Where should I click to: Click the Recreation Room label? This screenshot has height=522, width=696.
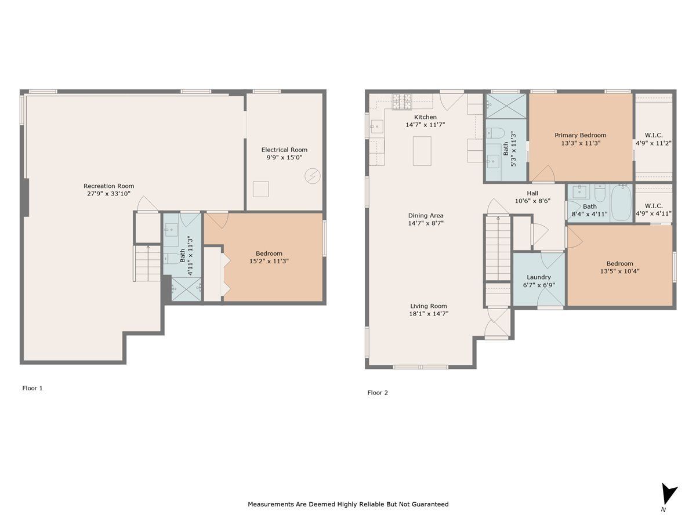[109, 186]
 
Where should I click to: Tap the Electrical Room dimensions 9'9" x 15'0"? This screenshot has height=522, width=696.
[284, 158]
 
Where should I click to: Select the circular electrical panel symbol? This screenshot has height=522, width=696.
[312, 176]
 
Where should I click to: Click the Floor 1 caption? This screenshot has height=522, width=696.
[32, 388]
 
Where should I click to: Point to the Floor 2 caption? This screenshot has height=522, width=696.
[378, 393]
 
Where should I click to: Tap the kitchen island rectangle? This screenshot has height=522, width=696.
[422, 151]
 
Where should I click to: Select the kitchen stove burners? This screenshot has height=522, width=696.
[402, 101]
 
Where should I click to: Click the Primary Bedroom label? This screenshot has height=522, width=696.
[580, 135]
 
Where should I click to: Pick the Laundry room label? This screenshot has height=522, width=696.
[539, 277]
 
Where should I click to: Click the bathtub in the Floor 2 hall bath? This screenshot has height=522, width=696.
[622, 203]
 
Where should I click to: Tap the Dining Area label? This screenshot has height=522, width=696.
[426, 216]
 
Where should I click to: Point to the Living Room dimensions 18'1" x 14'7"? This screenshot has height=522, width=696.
[429, 314]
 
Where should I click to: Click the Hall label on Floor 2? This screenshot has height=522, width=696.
[532, 193]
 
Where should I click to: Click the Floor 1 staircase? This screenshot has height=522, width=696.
[147, 263]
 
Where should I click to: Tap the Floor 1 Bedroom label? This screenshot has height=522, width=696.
[269, 253]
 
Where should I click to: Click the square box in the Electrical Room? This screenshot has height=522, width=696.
[260, 189]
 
